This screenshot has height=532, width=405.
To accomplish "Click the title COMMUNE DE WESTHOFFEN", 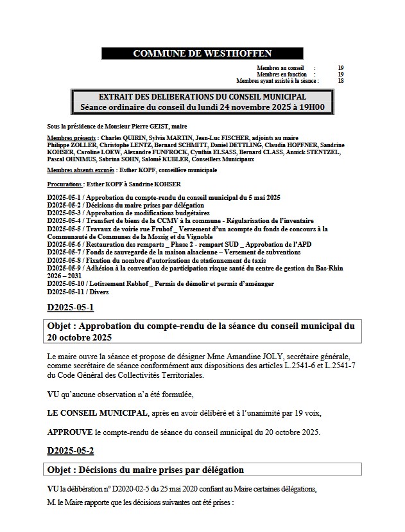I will pos(202,53).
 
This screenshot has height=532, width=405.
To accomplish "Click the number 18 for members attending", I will pos(340,81).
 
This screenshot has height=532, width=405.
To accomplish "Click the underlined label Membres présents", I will pos(72,138).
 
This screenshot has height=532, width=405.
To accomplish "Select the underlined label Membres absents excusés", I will pos(82,170).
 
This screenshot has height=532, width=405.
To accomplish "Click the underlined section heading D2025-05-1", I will pos(71,307).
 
